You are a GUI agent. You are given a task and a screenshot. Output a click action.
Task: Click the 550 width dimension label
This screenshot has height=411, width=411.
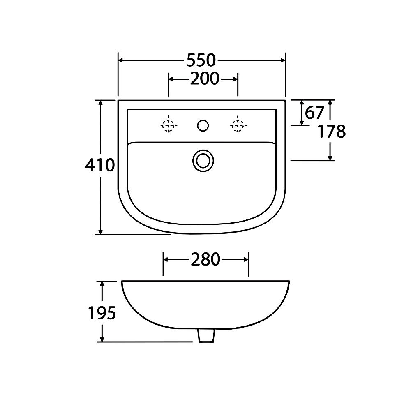pyautogui.click(x=201, y=60)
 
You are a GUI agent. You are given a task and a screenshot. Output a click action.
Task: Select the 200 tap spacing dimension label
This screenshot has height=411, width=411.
pyautogui.click(x=204, y=79)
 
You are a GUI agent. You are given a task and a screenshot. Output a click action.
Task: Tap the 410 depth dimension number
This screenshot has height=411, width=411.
pyautogui.click(x=99, y=166)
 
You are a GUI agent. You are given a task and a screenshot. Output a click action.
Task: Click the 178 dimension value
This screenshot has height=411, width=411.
pyautogui.click(x=332, y=132)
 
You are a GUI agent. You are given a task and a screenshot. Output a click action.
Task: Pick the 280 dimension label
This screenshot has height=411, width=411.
pyautogui.click(x=205, y=259)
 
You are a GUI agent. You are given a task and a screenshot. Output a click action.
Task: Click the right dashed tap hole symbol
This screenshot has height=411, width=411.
pyautogui.click(x=238, y=125)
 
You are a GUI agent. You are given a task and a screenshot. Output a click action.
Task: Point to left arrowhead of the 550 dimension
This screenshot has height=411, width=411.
pyautogui.click(x=121, y=60)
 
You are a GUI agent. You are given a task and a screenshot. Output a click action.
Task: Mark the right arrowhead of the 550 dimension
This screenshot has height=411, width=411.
pyautogui.click(x=282, y=60)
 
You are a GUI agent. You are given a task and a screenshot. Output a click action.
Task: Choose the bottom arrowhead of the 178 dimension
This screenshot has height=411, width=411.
pyautogui.click(x=330, y=157)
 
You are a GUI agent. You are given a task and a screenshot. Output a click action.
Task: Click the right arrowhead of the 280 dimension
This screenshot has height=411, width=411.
pyautogui.click(x=246, y=259)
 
